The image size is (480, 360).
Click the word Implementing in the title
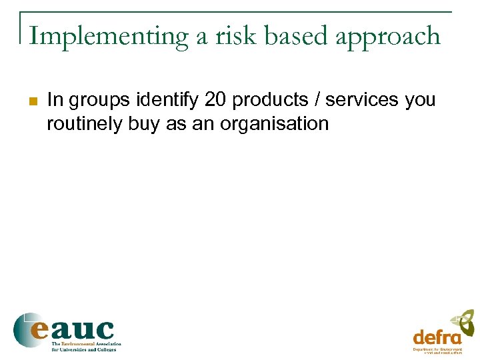109,36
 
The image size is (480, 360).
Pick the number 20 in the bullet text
215,100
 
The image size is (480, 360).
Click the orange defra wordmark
437,337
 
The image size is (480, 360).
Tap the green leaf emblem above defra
463,323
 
